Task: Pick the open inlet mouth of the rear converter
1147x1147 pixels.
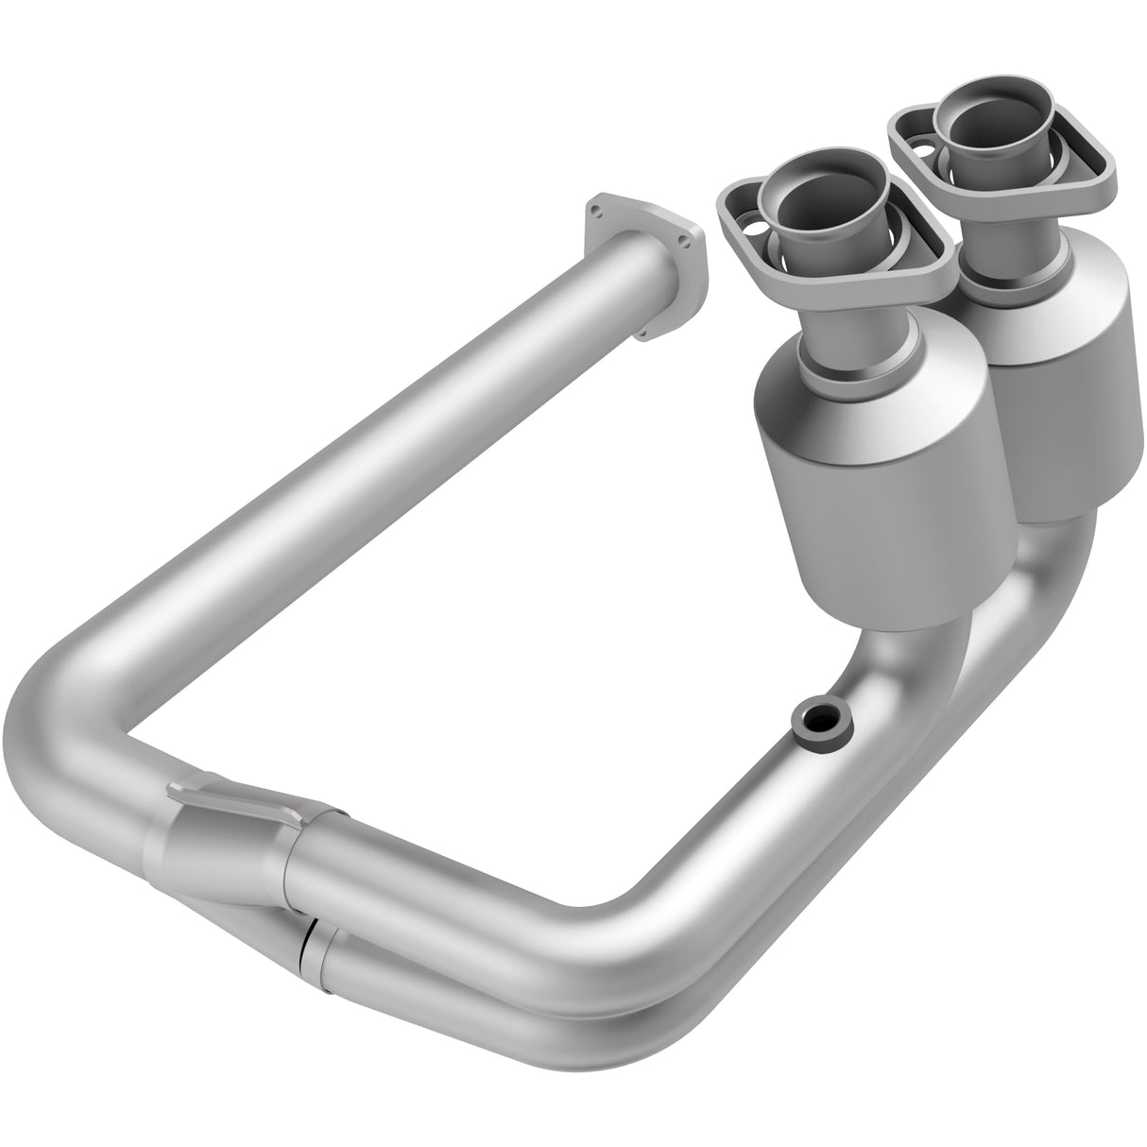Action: point(992,128)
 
